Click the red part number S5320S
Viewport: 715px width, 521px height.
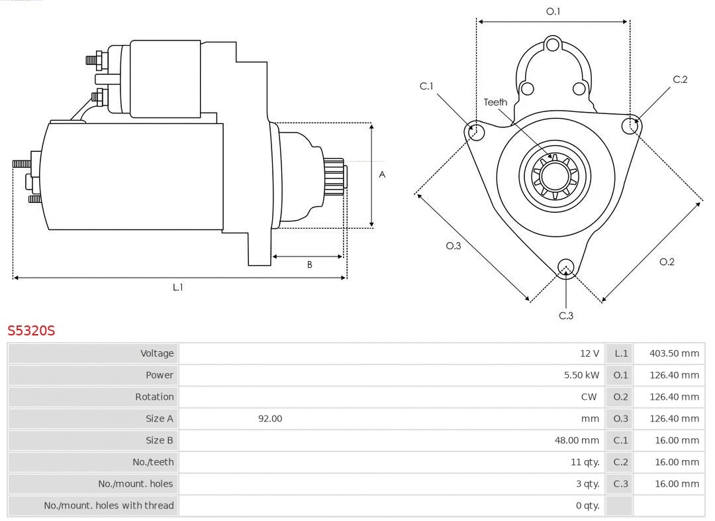coord(31,330)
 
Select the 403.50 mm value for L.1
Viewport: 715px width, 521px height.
coord(674,353)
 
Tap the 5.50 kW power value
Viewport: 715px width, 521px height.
coord(581,375)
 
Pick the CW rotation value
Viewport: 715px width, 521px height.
coord(588,397)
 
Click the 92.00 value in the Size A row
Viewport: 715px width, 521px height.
coord(270,418)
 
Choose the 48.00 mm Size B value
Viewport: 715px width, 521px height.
coord(577,440)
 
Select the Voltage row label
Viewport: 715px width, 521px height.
coord(157,353)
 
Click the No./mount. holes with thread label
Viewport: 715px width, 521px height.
coord(109,505)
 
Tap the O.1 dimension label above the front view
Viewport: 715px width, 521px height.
coord(553,11)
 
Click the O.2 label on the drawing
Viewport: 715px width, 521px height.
coord(667,262)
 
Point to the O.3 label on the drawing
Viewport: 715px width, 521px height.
coord(453,246)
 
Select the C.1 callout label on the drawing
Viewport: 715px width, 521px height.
coord(426,86)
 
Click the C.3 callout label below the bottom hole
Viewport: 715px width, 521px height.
coord(566,316)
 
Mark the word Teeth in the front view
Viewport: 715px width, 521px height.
coord(495,102)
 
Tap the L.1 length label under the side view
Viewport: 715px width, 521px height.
coord(177,287)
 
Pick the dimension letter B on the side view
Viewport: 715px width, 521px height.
coord(309,264)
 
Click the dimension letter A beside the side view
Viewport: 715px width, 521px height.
coord(382,175)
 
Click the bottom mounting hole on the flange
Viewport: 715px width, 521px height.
coord(565,267)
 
